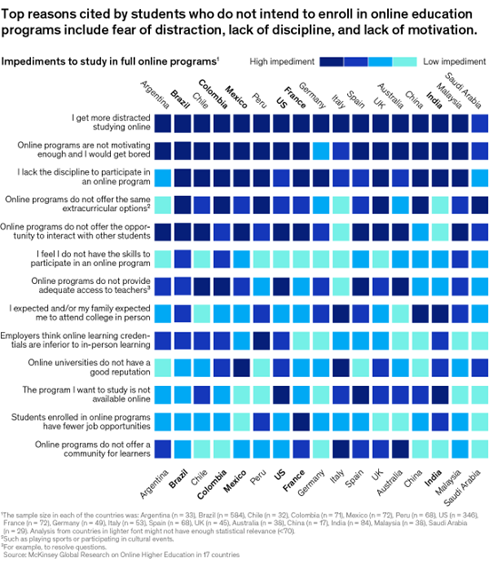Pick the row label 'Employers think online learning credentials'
tap(77, 340)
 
